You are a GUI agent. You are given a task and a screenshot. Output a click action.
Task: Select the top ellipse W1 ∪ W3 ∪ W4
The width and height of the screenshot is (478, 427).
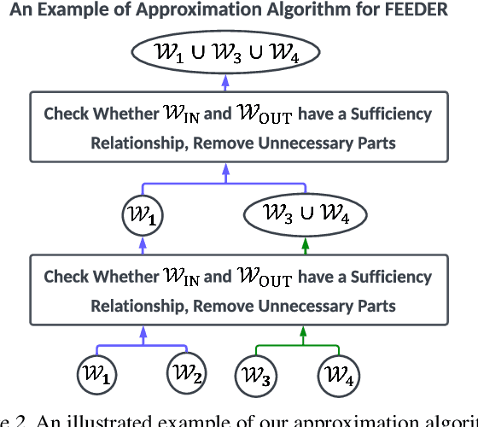[225, 54]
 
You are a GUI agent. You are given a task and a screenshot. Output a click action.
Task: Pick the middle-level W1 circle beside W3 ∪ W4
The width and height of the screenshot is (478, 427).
[143, 213]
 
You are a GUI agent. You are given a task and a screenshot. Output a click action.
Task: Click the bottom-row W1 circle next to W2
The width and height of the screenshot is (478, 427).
[96, 375]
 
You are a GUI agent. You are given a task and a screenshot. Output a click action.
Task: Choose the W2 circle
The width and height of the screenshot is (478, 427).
[186, 375]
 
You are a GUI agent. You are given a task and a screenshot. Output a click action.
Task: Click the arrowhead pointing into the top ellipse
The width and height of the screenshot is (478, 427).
[225, 82]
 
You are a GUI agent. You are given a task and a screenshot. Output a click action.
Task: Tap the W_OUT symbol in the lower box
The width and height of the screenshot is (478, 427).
[265, 278]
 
